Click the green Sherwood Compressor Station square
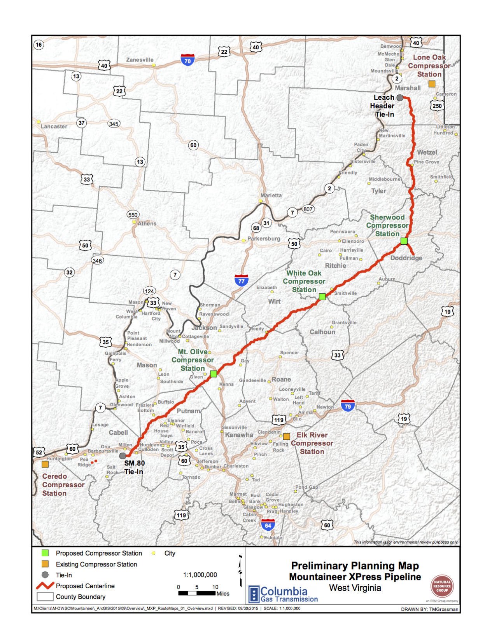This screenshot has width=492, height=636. click(404, 241)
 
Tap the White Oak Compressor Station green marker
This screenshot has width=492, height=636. click(322, 296)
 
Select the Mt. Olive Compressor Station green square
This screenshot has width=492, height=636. click(213, 374)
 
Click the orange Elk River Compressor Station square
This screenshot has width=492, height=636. click(286, 436)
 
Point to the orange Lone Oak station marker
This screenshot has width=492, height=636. click(432, 84)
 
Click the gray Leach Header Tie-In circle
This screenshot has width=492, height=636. click(399, 98)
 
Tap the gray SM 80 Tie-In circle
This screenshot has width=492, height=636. click(123, 455)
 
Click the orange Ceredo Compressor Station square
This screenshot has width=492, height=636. click(45, 464)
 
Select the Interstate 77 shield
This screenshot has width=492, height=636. click(242, 280)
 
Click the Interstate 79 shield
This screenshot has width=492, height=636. click(348, 406)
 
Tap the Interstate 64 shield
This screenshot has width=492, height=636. click(268, 525)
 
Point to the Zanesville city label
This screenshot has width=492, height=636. click(140, 60)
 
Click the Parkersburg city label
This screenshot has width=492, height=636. click(264, 239)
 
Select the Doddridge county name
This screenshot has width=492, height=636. click(406, 258)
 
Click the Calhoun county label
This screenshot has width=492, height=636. click(322, 332)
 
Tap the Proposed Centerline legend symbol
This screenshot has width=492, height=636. click(45, 585)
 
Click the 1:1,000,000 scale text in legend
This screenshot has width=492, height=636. click(200, 575)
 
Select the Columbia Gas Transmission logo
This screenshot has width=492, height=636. click(283, 594)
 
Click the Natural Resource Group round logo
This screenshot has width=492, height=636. click(442, 587)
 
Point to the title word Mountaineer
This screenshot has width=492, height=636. click(320, 577)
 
